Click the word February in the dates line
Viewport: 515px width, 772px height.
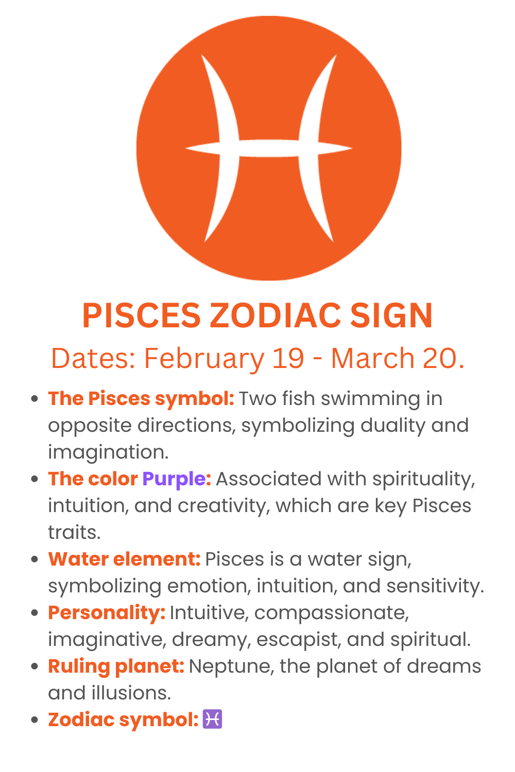(204, 358)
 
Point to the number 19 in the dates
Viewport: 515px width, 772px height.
(288, 358)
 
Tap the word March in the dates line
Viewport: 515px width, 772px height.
(372, 358)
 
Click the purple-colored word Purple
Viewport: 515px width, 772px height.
(174, 479)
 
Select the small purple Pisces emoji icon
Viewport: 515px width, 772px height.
(213, 719)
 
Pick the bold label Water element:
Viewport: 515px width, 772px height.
(124, 559)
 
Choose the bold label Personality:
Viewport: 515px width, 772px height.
(107, 612)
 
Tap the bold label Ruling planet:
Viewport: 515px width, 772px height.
(116, 666)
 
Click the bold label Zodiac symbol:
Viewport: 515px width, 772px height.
(123, 720)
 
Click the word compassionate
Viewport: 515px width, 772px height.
(331, 612)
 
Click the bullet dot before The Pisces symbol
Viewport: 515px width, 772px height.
(35, 399)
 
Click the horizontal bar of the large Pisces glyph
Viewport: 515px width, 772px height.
(269, 148)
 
